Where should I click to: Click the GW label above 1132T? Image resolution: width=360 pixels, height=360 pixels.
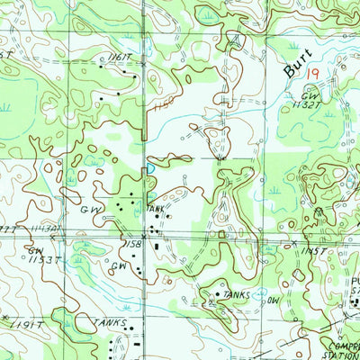tap(310, 94)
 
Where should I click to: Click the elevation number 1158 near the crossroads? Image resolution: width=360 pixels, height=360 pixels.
tap(134, 243)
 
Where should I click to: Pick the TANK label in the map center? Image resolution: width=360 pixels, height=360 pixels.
tap(157, 208)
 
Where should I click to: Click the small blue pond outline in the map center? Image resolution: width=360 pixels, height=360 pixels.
tap(151, 167)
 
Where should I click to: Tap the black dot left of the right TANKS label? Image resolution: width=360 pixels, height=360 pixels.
tap(217, 292)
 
